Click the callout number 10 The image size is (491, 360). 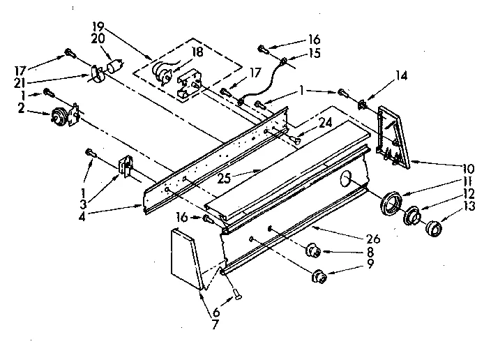coord(467,168)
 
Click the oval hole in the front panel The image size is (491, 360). coord(345,181)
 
